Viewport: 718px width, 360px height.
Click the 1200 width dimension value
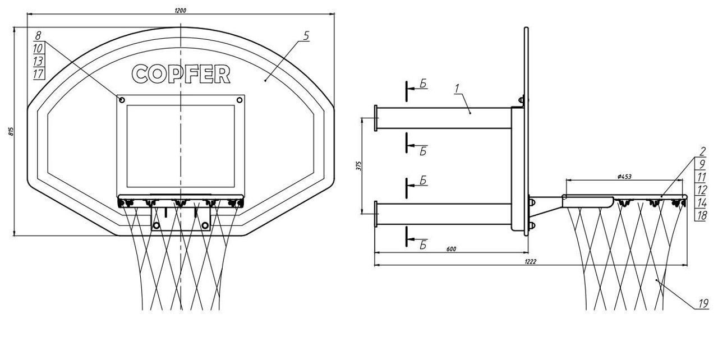pos(180,11)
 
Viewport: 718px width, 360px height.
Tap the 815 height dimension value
pos(11,132)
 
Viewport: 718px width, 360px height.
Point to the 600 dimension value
pos(451,249)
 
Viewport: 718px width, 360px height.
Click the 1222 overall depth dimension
pos(531,262)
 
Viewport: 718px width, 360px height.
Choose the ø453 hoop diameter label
pos(624,177)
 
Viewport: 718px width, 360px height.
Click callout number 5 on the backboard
pos(306,36)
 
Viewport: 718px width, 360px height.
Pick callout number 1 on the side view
pos(457,89)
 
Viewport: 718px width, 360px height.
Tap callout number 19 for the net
pos(703,303)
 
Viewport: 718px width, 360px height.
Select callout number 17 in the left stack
pos(38,74)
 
